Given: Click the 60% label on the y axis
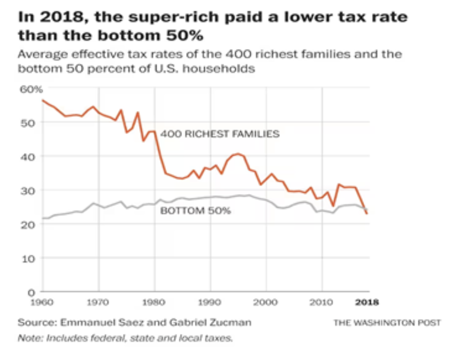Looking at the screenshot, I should tap(31, 90).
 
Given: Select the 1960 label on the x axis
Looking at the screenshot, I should tap(43, 301).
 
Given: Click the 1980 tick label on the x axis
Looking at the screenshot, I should tap(154, 301).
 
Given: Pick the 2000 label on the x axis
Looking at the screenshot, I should tap(266, 301).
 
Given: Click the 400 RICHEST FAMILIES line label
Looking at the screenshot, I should tap(220, 134).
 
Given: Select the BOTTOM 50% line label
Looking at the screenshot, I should tap(196, 211).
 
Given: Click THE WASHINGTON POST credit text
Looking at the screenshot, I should tap(387, 323).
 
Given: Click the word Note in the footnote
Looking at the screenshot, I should tap(27, 338).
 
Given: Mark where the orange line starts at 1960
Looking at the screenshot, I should tap(43, 100).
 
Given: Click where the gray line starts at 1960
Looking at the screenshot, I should tap(43, 218).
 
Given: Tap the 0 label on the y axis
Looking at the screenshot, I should tap(31, 291).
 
